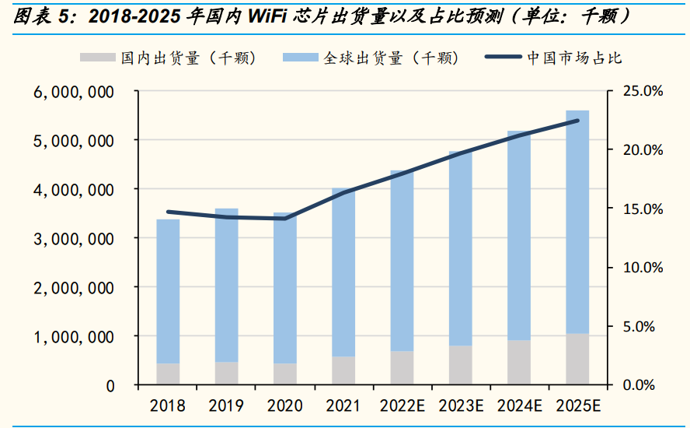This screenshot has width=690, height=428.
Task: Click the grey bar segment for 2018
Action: (168, 374)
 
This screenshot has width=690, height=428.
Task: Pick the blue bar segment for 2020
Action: (285, 288)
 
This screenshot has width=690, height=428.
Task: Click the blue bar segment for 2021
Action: (343, 272)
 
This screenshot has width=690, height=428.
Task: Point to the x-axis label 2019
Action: (226, 405)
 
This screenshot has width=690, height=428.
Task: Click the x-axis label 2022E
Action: (402, 405)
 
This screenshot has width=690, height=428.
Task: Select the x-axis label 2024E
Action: (519, 405)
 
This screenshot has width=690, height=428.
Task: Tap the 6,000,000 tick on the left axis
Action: (75, 92)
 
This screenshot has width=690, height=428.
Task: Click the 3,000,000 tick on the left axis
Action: (75, 239)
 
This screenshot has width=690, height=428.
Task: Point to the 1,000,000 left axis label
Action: (75, 337)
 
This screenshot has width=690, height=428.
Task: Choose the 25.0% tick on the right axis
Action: (644, 92)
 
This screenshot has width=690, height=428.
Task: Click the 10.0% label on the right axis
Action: (644, 268)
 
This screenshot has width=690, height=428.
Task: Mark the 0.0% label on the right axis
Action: (644, 385)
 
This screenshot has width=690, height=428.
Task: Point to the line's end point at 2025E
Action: (577, 121)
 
